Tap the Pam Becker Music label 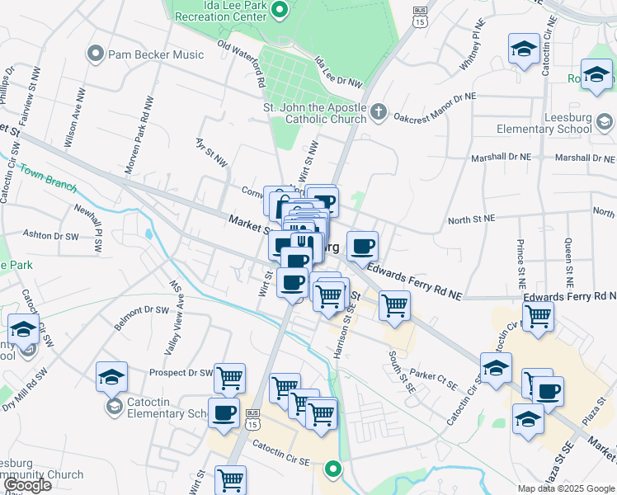click(155, 54)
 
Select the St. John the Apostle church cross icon click(379, 111)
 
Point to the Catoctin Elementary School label click(161, 408)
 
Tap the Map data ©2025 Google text click(565, 488)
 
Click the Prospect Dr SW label click(181, 372)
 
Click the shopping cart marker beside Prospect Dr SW click(230, 378)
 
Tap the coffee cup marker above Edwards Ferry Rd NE click(362, 245)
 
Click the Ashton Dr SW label click(50, 235)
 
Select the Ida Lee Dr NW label click(338, 73)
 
